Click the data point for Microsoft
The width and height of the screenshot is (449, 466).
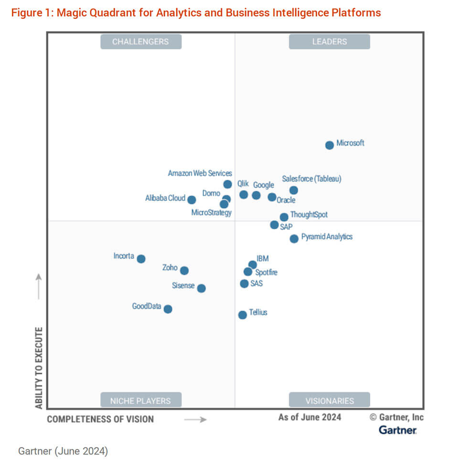330,145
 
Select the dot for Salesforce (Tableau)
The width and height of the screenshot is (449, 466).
294,190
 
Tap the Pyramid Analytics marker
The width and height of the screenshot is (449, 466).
294,238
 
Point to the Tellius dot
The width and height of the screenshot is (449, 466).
243,314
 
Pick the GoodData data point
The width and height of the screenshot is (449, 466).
168,309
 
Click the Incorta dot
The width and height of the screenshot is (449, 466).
141,259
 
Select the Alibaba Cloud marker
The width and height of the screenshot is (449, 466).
192,200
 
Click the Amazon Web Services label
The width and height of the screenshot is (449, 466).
200,173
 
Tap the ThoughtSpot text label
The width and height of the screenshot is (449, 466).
309,214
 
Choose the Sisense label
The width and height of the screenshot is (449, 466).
183,286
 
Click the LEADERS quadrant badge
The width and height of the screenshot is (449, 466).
329,42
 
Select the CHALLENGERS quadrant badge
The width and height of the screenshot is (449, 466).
140,42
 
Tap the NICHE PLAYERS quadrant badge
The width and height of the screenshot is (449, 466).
140,400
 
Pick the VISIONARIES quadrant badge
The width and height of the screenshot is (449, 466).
330,400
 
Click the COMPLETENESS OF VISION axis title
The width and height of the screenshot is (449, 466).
100,419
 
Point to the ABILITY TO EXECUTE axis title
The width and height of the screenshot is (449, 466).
39,367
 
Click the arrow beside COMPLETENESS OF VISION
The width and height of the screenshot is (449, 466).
195,420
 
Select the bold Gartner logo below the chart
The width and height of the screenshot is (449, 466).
397,430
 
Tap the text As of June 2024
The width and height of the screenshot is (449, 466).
310,417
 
